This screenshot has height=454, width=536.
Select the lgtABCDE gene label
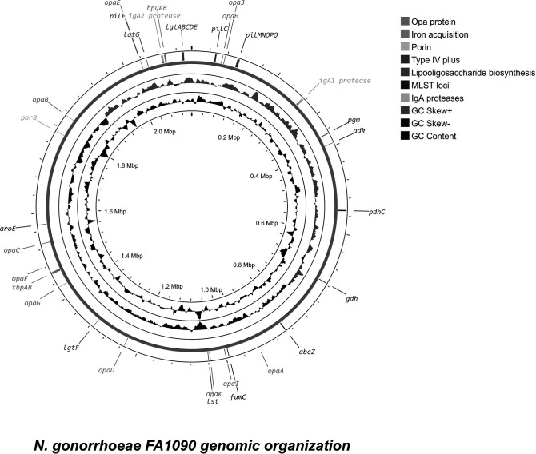[x=182, y=26]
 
